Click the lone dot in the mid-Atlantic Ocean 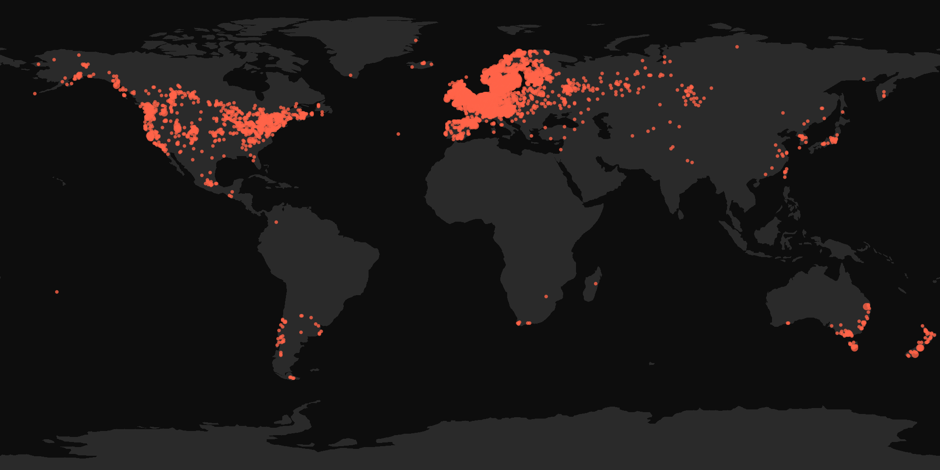coord(398,134)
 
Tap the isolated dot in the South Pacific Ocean coord(57,292)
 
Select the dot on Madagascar coord(595,284)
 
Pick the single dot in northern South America coord(276,223)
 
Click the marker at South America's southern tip coord(291,378)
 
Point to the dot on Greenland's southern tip coord(351,75)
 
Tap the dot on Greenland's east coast coord(416,40)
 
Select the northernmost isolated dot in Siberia coord(737,47)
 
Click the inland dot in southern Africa coord(546,297)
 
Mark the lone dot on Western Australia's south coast coord(788,323)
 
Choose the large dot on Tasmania coord(854,348)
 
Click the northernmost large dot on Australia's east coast coord(867,307)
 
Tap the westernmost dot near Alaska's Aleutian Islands coord(35,94)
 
